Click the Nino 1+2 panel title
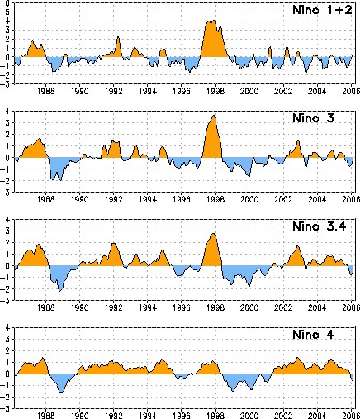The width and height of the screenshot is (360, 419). (x=322, y=10)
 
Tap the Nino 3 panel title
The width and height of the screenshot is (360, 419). (x=313, y=118)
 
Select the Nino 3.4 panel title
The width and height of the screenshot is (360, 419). (x=320, y=226)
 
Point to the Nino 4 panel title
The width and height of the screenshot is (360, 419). (x=313, y=335)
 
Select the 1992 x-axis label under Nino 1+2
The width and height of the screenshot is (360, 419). (x=114, y=91)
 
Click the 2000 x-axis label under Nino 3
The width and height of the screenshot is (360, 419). (x=249, y=199)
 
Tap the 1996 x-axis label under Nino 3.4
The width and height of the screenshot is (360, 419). (x=182, y=307)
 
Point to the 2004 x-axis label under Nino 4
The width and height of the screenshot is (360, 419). (x=317, y=416)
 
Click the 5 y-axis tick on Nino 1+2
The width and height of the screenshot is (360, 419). (x=7, y=12)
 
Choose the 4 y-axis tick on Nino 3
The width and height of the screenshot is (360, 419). (x=7, y=112)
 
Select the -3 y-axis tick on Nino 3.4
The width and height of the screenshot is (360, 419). (x=6, y=301)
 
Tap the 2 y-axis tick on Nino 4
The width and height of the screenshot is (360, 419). (x=7, y=351)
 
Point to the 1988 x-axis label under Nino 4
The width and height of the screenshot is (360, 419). (x=46, y=416)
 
